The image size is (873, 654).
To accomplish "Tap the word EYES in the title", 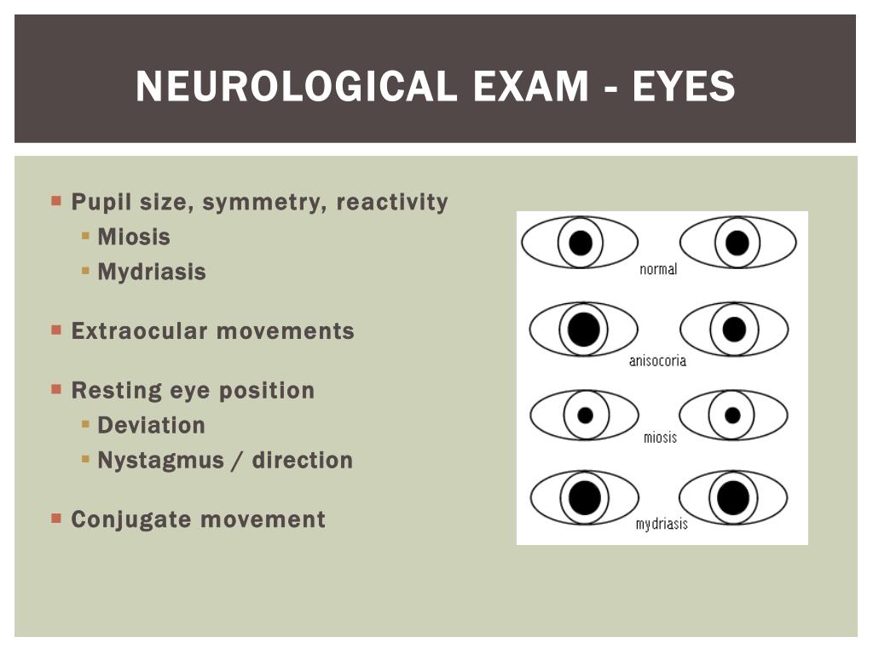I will click(684, 87).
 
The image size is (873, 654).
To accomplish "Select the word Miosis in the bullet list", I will click(134, 237).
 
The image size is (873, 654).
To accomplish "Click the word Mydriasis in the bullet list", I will click(152, 272).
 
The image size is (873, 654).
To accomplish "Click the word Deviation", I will click(151, 425).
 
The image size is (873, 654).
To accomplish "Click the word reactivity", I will click(392, 203).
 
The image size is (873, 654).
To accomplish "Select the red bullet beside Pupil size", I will click(56, 202).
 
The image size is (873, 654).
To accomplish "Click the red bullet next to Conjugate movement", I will click(56, 518).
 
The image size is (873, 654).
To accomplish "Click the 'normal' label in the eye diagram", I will click(658, 269).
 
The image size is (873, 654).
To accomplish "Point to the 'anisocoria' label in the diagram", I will click(657, 360).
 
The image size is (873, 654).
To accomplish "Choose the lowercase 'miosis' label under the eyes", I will click(660, 437).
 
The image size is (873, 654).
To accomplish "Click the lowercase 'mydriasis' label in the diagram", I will click(662, 524).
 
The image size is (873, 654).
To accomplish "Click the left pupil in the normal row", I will click(581, 244).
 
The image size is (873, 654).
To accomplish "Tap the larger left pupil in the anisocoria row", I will click(584, 330).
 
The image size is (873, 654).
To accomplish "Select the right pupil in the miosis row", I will click(732, 416).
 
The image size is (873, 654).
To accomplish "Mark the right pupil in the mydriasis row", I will click(733, 497).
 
